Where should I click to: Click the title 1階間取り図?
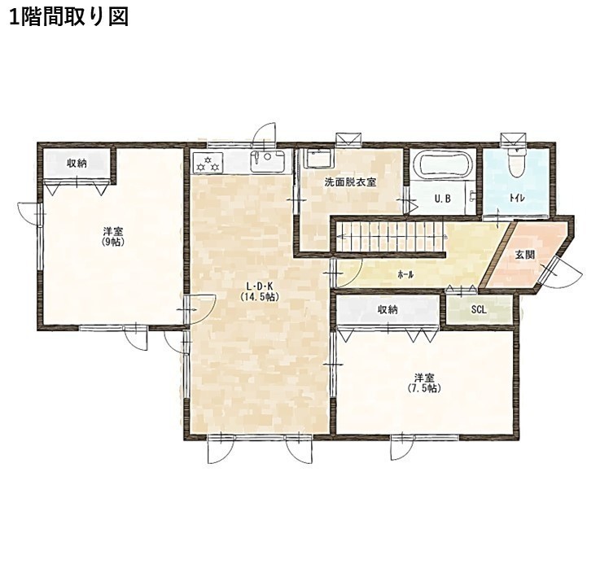[68, 17]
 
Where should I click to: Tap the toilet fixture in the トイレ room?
[517, 162]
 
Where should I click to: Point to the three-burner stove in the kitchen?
[208, 163]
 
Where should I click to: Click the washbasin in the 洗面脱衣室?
[319, 157]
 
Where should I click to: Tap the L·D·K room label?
[260, 286]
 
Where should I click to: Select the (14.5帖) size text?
[259, 297]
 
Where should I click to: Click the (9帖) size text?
[113, 242]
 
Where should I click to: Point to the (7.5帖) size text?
[424, 388]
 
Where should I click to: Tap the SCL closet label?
[479, 309]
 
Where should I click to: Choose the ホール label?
[405, 274]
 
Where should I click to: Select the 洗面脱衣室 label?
[351, 182]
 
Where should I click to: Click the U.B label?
[442, 199]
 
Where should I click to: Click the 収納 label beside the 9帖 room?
[77, 164]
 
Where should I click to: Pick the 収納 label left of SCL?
[388, 309]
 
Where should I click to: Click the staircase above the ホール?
[390, 237]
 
